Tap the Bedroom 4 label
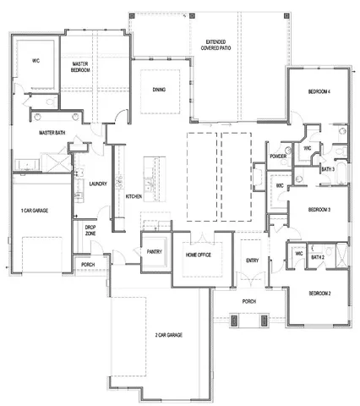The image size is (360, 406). [318, 91]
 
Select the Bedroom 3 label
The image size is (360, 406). [318, 209]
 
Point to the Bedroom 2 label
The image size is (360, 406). [318, 294]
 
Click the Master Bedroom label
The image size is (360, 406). [81, 66]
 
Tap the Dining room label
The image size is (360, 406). [159, 90]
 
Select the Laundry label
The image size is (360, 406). [96, 184]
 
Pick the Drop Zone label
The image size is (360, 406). [90, 231]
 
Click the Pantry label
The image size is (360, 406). [154, 251]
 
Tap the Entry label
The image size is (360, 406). [252, 261]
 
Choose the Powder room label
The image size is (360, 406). [279, 156]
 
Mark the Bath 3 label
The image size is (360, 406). [328, 169]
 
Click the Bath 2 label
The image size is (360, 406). [318, 257]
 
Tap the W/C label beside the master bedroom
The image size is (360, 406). [36, 60]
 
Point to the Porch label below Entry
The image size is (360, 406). [249, 301]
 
